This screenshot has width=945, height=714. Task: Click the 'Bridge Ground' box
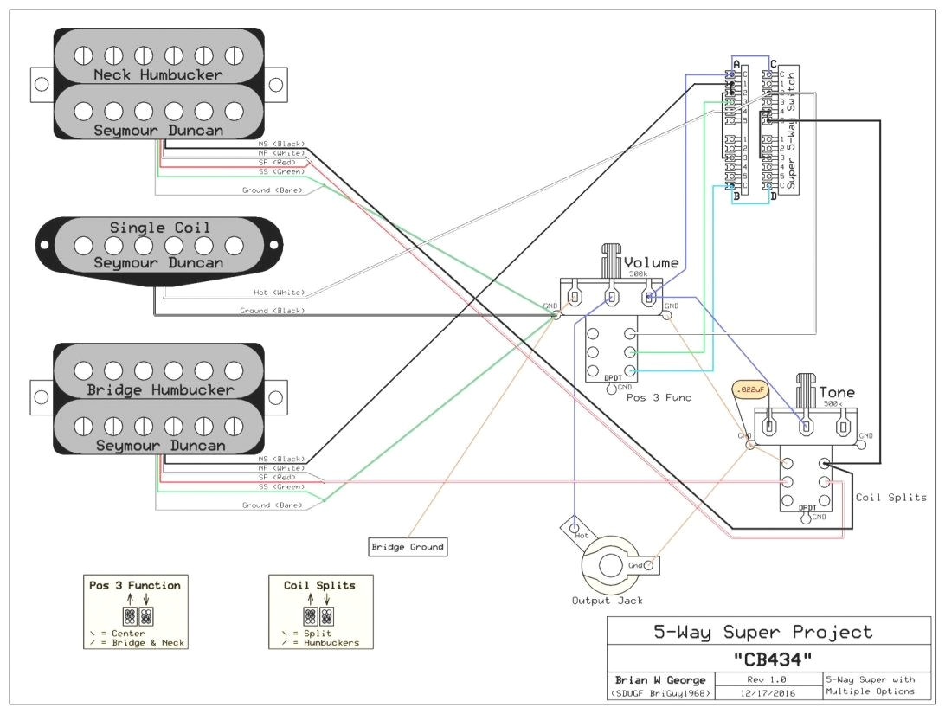[x=407, y=547]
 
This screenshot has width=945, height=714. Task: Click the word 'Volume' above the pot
[x=651, y=263]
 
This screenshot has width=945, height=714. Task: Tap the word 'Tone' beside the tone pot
[x=836, y=393]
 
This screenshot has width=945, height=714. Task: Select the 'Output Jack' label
[x=607, y=601]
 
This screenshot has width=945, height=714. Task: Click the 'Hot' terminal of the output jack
[x=581, y=537]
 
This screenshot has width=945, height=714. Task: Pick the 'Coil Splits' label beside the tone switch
[x=891, y=498]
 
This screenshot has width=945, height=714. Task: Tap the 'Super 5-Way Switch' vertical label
[x=792, y=130]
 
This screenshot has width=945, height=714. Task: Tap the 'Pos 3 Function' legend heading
[x=135, y=585]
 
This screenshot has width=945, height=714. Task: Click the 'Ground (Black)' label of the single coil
[x=272, y=310]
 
